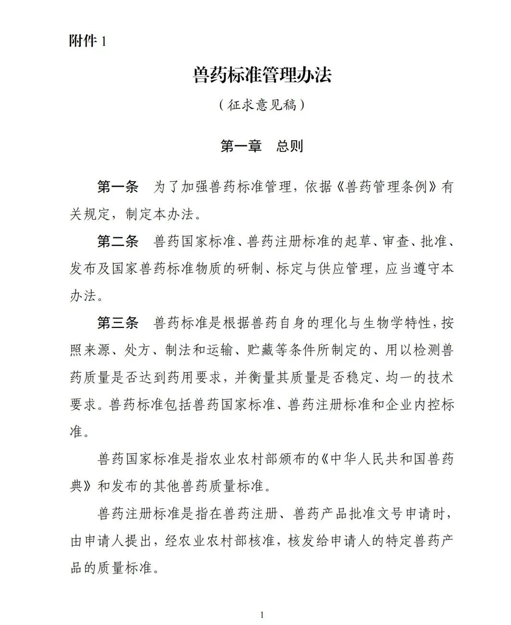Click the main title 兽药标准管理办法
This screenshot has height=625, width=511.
262,75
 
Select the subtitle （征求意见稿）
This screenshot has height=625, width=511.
262,105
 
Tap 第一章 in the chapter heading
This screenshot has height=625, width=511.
240,146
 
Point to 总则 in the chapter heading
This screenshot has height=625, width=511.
289,146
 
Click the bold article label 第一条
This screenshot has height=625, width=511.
118,187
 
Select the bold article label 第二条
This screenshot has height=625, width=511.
118,241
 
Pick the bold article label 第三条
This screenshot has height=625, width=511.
118,323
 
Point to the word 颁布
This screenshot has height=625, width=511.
292,459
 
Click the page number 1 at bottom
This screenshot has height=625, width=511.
262,614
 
